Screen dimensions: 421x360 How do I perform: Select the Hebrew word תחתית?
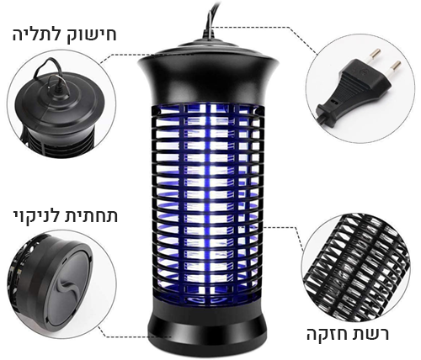[92, 216]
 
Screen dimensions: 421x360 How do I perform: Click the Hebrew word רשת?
[372, 334]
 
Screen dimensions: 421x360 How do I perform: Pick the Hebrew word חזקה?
[328, 334]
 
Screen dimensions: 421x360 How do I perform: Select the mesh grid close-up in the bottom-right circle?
[356, 267]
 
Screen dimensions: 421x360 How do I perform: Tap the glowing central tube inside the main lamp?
[208, 202]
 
